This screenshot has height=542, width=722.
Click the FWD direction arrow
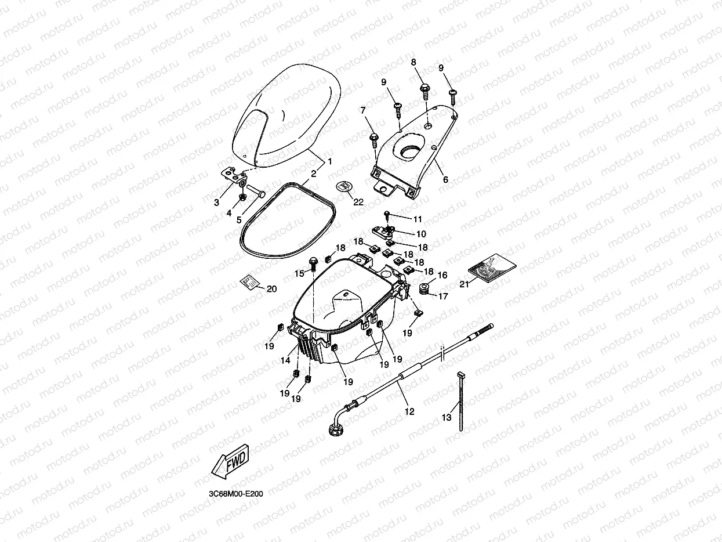231,461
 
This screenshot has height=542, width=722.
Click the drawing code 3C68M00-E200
235,494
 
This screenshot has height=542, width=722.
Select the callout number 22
358,202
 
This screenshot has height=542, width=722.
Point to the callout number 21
464,284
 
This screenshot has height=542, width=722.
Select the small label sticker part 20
249,281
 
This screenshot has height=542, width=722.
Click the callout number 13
446,417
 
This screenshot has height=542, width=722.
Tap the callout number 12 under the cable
409,411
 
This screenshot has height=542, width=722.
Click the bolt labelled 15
314,262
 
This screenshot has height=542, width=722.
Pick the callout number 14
285,360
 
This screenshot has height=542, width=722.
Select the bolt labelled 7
374,138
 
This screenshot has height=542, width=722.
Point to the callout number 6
445,180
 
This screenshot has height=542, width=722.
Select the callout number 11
418,219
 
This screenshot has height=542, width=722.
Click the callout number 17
443,296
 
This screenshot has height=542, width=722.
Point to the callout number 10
421,234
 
